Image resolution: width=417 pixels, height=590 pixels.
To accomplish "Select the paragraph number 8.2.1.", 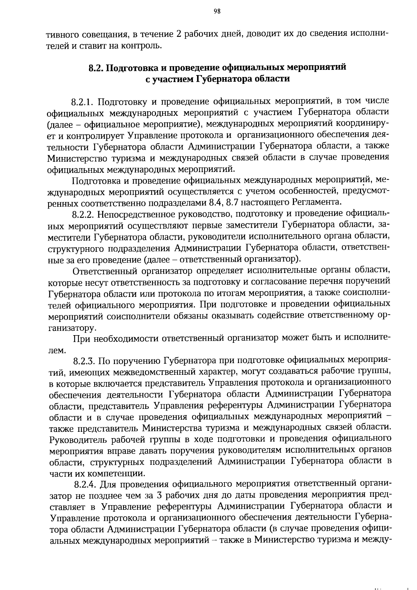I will point(83,102).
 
